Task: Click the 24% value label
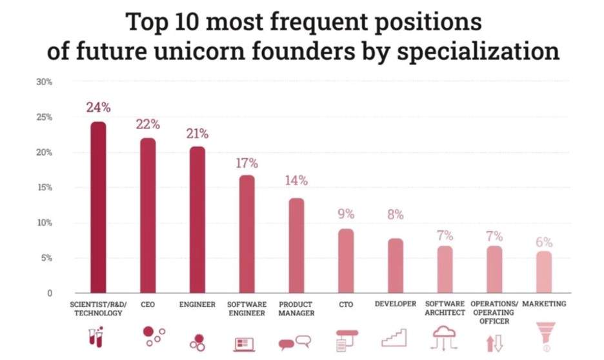[99, 108]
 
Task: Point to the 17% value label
[247, 163]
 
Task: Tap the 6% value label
[544, 242]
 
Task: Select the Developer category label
[395, 304]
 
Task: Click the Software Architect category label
[444, 308]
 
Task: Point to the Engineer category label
[197, 304]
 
